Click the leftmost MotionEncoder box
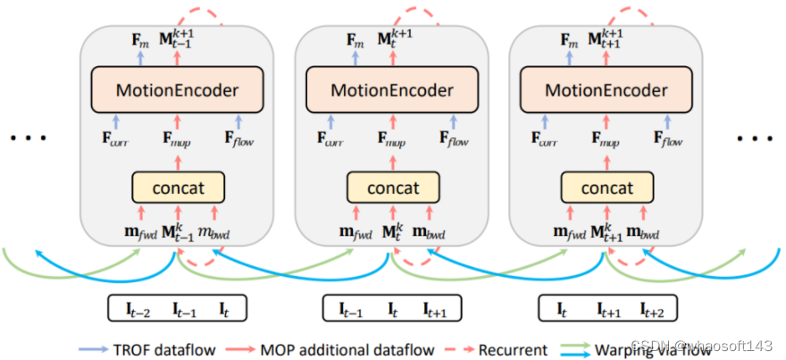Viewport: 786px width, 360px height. [177, 91]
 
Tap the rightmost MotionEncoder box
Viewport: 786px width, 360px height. [606, 91]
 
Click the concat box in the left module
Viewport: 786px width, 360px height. [177, 188]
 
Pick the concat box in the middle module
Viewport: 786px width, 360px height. [392, 188]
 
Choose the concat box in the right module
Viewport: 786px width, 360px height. [606, 188]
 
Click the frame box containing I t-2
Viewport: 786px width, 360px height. [177, 309]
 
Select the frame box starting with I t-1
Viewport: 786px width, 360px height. [392, 309]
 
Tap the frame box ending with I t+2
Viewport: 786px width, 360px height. [606, 309]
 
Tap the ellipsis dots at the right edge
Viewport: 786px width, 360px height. [754, 139]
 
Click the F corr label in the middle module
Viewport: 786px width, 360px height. [330, 140]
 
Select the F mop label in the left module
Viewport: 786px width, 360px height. [177, 140]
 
